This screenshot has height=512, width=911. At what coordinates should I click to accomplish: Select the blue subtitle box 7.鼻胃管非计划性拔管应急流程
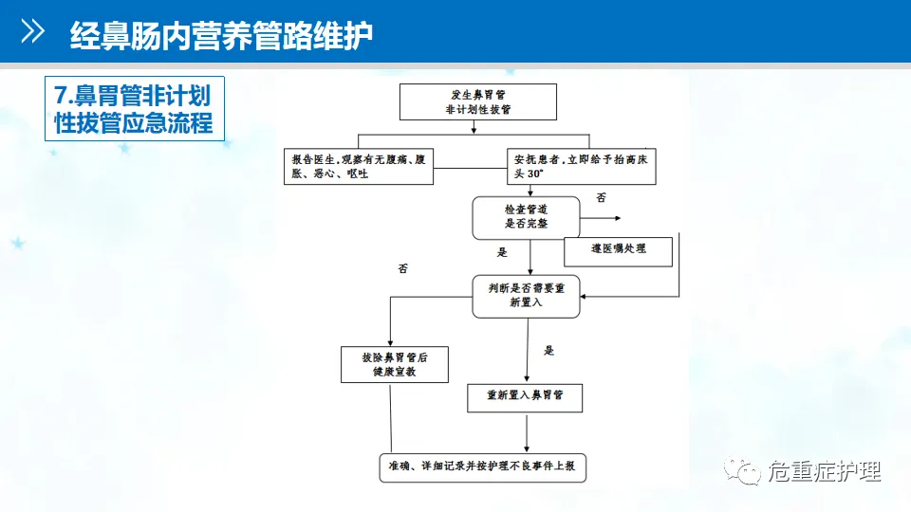134,108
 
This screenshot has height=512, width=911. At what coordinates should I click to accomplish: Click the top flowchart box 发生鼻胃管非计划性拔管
477,101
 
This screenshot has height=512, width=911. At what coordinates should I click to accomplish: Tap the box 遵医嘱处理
618,250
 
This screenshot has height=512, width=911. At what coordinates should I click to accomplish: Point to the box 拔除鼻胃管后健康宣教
394,364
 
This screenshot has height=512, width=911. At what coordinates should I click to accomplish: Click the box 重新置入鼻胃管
526,396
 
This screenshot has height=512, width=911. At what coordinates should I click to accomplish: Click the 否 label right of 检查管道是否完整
601,197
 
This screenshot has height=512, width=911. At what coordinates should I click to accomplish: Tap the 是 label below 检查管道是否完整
502,253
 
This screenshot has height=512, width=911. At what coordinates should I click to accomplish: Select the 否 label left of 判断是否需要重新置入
402,268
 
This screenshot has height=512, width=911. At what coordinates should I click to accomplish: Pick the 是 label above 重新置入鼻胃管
548,351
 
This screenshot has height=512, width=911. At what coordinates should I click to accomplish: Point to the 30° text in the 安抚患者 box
536,175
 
